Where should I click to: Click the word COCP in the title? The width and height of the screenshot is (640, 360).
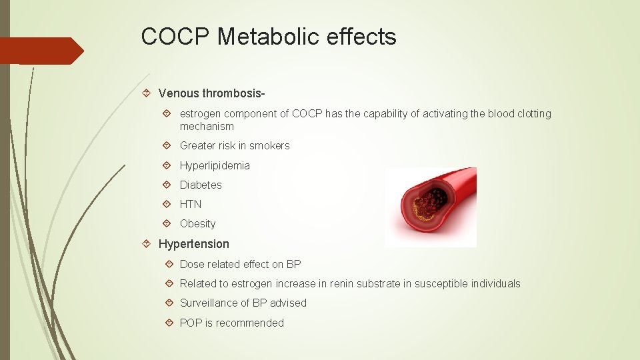tap(175, 37)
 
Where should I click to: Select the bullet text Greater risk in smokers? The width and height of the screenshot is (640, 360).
tap(235, 146)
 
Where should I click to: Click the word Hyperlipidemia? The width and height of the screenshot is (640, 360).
tap(215, 165)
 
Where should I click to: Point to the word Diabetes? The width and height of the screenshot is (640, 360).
tap(201, 185)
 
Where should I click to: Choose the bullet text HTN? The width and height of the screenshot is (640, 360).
tap(191, 204)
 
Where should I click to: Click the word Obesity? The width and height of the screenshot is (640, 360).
tap(198, 224)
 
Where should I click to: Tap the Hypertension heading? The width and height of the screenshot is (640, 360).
tap(193, 244)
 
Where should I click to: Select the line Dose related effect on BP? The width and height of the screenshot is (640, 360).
tap(240, 264)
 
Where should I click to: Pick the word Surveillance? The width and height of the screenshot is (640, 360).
tap(211, 303)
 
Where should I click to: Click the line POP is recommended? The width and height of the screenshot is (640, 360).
tap(231, 323)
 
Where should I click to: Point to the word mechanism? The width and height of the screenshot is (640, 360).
tap(207, 127)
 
